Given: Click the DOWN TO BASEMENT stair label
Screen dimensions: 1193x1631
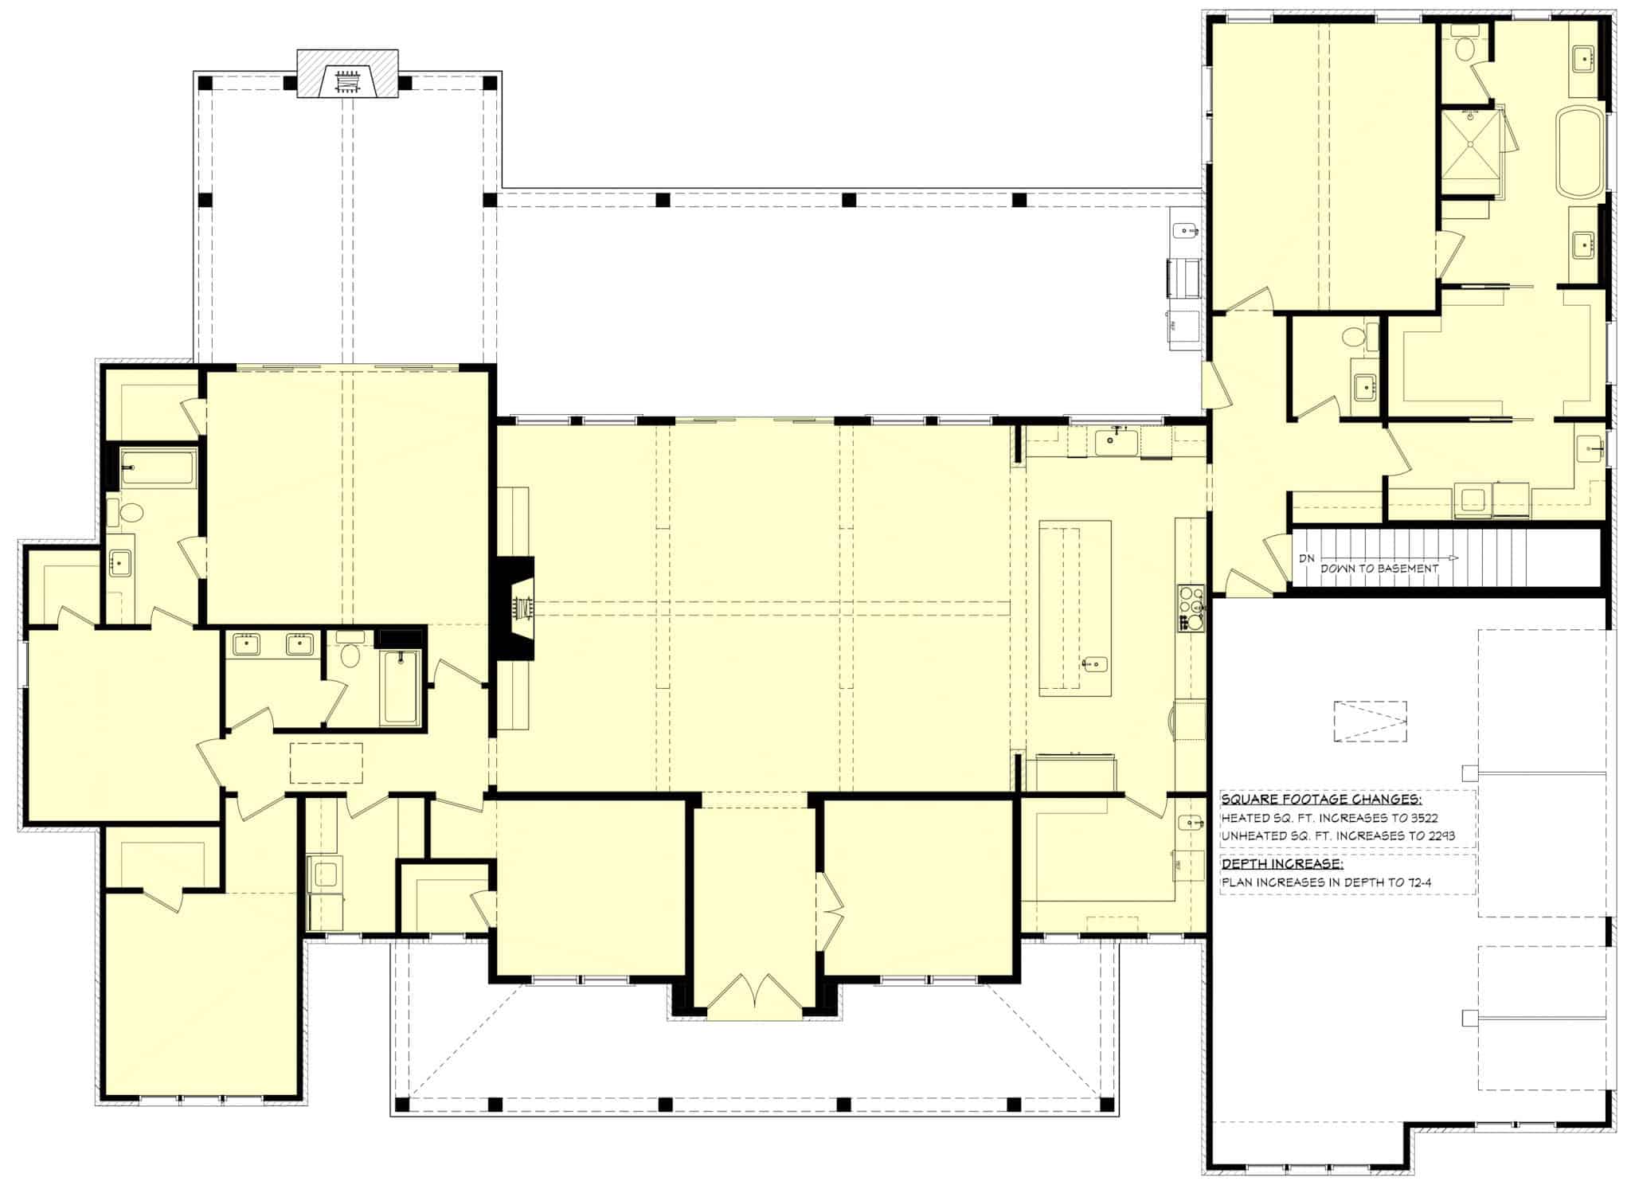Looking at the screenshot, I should pyautogui.click(x=1379, y=569).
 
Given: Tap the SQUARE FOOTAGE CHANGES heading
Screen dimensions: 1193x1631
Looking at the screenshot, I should pyautogui.click(x=1321, y=800).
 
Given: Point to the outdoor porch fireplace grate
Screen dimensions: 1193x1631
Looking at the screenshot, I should pyautogui.click(x=346, y=82).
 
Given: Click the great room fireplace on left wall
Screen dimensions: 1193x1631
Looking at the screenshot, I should pyautogui.click(x=518, y=608).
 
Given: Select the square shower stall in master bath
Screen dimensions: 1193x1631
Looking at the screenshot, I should pyautogui.click(x=1470, y=152).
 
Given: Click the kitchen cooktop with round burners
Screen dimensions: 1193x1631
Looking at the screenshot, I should pyautogui.click(x=1191, y=608).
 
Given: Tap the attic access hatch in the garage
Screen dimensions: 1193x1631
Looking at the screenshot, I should pyautogui.click(x=1370, y=722).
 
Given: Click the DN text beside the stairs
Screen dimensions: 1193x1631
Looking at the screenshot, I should pyautogui.click(x=1306, y=558).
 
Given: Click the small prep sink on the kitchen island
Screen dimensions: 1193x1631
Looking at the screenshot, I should pyautogui.click(x=1095, y=663).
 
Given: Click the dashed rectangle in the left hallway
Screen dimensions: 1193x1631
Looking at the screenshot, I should pyautogui.click(x=326, y=763).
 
